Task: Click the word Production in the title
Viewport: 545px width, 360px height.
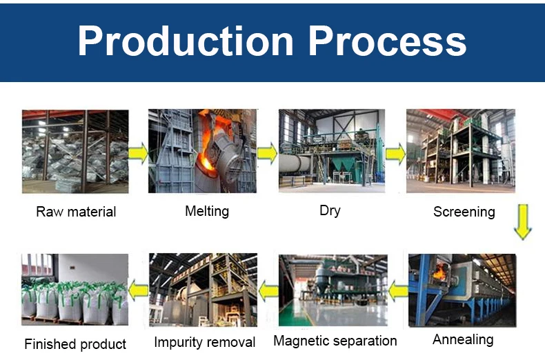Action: coord(186,41)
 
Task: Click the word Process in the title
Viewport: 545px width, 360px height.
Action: coord(387,41)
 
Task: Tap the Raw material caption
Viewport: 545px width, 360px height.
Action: coord(76,212)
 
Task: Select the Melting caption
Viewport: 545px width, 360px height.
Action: coord(207,211)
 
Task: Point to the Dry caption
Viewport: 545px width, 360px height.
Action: coord(330,210)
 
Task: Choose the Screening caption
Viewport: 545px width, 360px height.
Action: coord(464,212)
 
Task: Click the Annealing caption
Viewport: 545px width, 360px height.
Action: coord(463,339)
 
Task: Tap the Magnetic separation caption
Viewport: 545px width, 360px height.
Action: coord(335,341)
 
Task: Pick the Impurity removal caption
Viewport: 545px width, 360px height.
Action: coord(205,342)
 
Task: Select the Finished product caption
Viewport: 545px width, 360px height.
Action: coord(75,344)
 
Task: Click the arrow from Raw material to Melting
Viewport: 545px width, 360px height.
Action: coord(138,153)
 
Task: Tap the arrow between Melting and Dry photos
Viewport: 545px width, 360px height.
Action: coord(267,152)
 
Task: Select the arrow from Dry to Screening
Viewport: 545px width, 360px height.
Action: coord(395,154)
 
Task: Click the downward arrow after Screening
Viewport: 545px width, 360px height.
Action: coord(523,221)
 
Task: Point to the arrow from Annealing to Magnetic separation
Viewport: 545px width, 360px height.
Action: coord(398,291)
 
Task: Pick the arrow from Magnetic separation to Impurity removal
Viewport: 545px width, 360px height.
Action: coord(268,291)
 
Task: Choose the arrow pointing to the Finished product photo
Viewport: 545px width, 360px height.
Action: coord(139,290)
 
